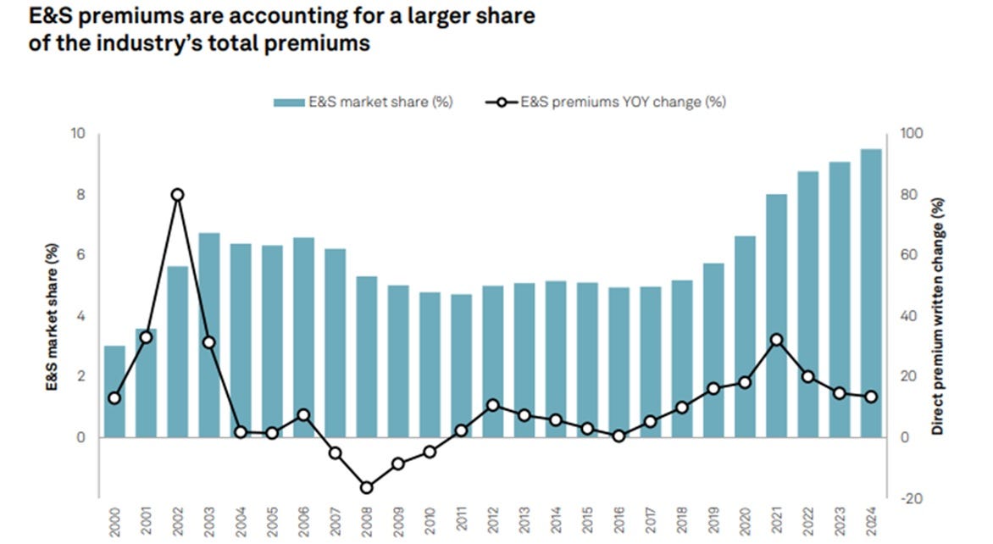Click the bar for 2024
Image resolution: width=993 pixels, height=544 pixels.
(871, 293)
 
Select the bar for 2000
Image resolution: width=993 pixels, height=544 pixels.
(114, 391)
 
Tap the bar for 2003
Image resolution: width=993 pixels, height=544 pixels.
(209, 335)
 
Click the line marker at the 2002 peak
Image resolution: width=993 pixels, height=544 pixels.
(178, 195)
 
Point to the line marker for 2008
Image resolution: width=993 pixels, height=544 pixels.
(367, 487)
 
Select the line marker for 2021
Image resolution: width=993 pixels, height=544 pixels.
(776, 340)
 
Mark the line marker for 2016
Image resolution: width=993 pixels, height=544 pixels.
(619, 436)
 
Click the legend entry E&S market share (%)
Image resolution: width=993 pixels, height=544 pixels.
(363, 102)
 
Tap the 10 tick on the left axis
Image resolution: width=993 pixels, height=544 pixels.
(79, 134)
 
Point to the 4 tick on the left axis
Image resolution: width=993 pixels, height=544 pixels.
(82, 316)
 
